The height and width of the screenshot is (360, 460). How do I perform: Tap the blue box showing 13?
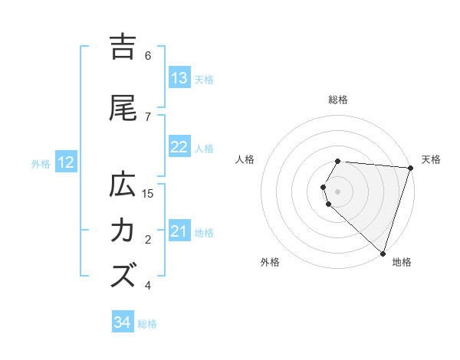pyautogui.click(x=179, y=78)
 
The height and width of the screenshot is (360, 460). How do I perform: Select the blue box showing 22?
pyautogui.click(x=179, y=147)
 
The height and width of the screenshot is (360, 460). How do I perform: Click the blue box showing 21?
pyautogui.click(x=179, y=231)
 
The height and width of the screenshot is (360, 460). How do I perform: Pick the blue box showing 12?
pyautogui.click(x=66, y=162)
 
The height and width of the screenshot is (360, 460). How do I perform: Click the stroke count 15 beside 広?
pyautogui.click(x=149, y=194)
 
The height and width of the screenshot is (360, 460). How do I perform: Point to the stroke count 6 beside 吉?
pyautogui.click(x=148, y=56)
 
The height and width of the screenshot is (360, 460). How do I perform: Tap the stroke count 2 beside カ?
pyautogui.click(x=148, y=240)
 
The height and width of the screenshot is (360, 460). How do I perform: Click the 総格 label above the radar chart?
pyautogui.click(x=338, y=100)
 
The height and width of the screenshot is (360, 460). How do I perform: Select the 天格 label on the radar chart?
pyautogui.click(x=432, y=159)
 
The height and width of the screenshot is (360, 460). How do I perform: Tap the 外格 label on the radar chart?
pyautogui.click(x=270, y=262)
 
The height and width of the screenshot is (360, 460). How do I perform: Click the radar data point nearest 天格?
pyautogui.click(x=410, y=169)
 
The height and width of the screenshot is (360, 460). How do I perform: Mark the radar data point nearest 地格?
pyautogui.click(x=383, y=253)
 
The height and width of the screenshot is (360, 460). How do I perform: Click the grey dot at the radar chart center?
pyautogui.click(x=338, y=191)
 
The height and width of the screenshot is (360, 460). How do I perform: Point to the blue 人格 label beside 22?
pyautogui.click(x=204, y=148)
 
